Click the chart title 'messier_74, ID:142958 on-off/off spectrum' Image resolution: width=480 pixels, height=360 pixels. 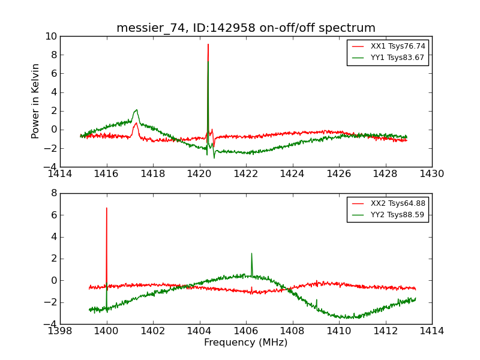246,28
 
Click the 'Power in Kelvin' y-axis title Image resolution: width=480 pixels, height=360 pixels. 36,101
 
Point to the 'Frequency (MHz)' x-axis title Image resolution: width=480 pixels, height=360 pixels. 246,343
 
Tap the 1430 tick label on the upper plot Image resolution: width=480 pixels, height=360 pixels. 432,174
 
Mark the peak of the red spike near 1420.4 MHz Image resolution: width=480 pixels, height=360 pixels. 208,44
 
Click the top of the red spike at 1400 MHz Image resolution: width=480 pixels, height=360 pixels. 107,208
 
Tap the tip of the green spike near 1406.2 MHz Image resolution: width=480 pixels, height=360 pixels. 251,253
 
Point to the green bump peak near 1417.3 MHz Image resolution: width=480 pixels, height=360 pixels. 137,110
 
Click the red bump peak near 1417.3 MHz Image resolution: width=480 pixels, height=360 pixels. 136,123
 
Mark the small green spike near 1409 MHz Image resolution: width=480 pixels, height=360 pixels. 316,299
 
